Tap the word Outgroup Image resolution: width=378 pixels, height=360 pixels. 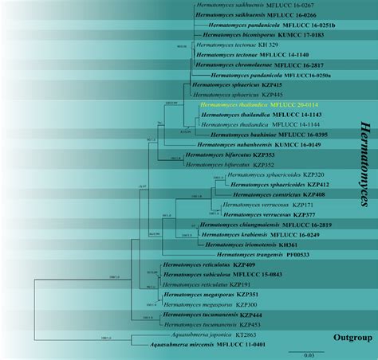pyautogui.click(x=352, y=338)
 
